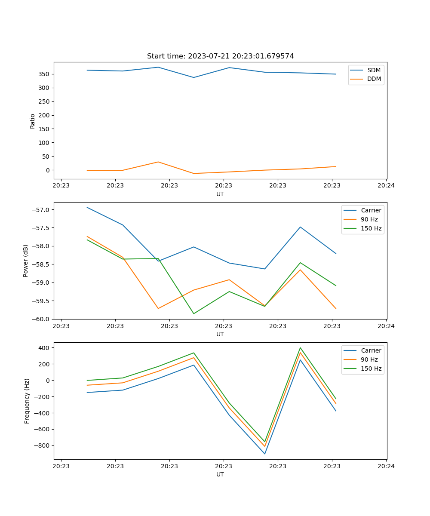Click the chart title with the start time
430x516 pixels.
tap(220, 56)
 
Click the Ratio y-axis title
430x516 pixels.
tap(33, 120)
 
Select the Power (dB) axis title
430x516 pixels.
tap(26, 261)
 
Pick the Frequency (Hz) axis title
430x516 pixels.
tap(27, 401)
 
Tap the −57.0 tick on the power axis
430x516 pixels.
tap(41, 210)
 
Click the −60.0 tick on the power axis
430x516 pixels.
tap(41, 319)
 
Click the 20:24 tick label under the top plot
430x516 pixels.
tap(386, 186)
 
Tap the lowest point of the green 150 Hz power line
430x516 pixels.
tap(193, 313)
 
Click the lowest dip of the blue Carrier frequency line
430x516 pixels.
tap(264, 454)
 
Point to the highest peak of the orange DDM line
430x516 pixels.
tap(158, 162)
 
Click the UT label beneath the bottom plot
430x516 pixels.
tap(220, 474)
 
